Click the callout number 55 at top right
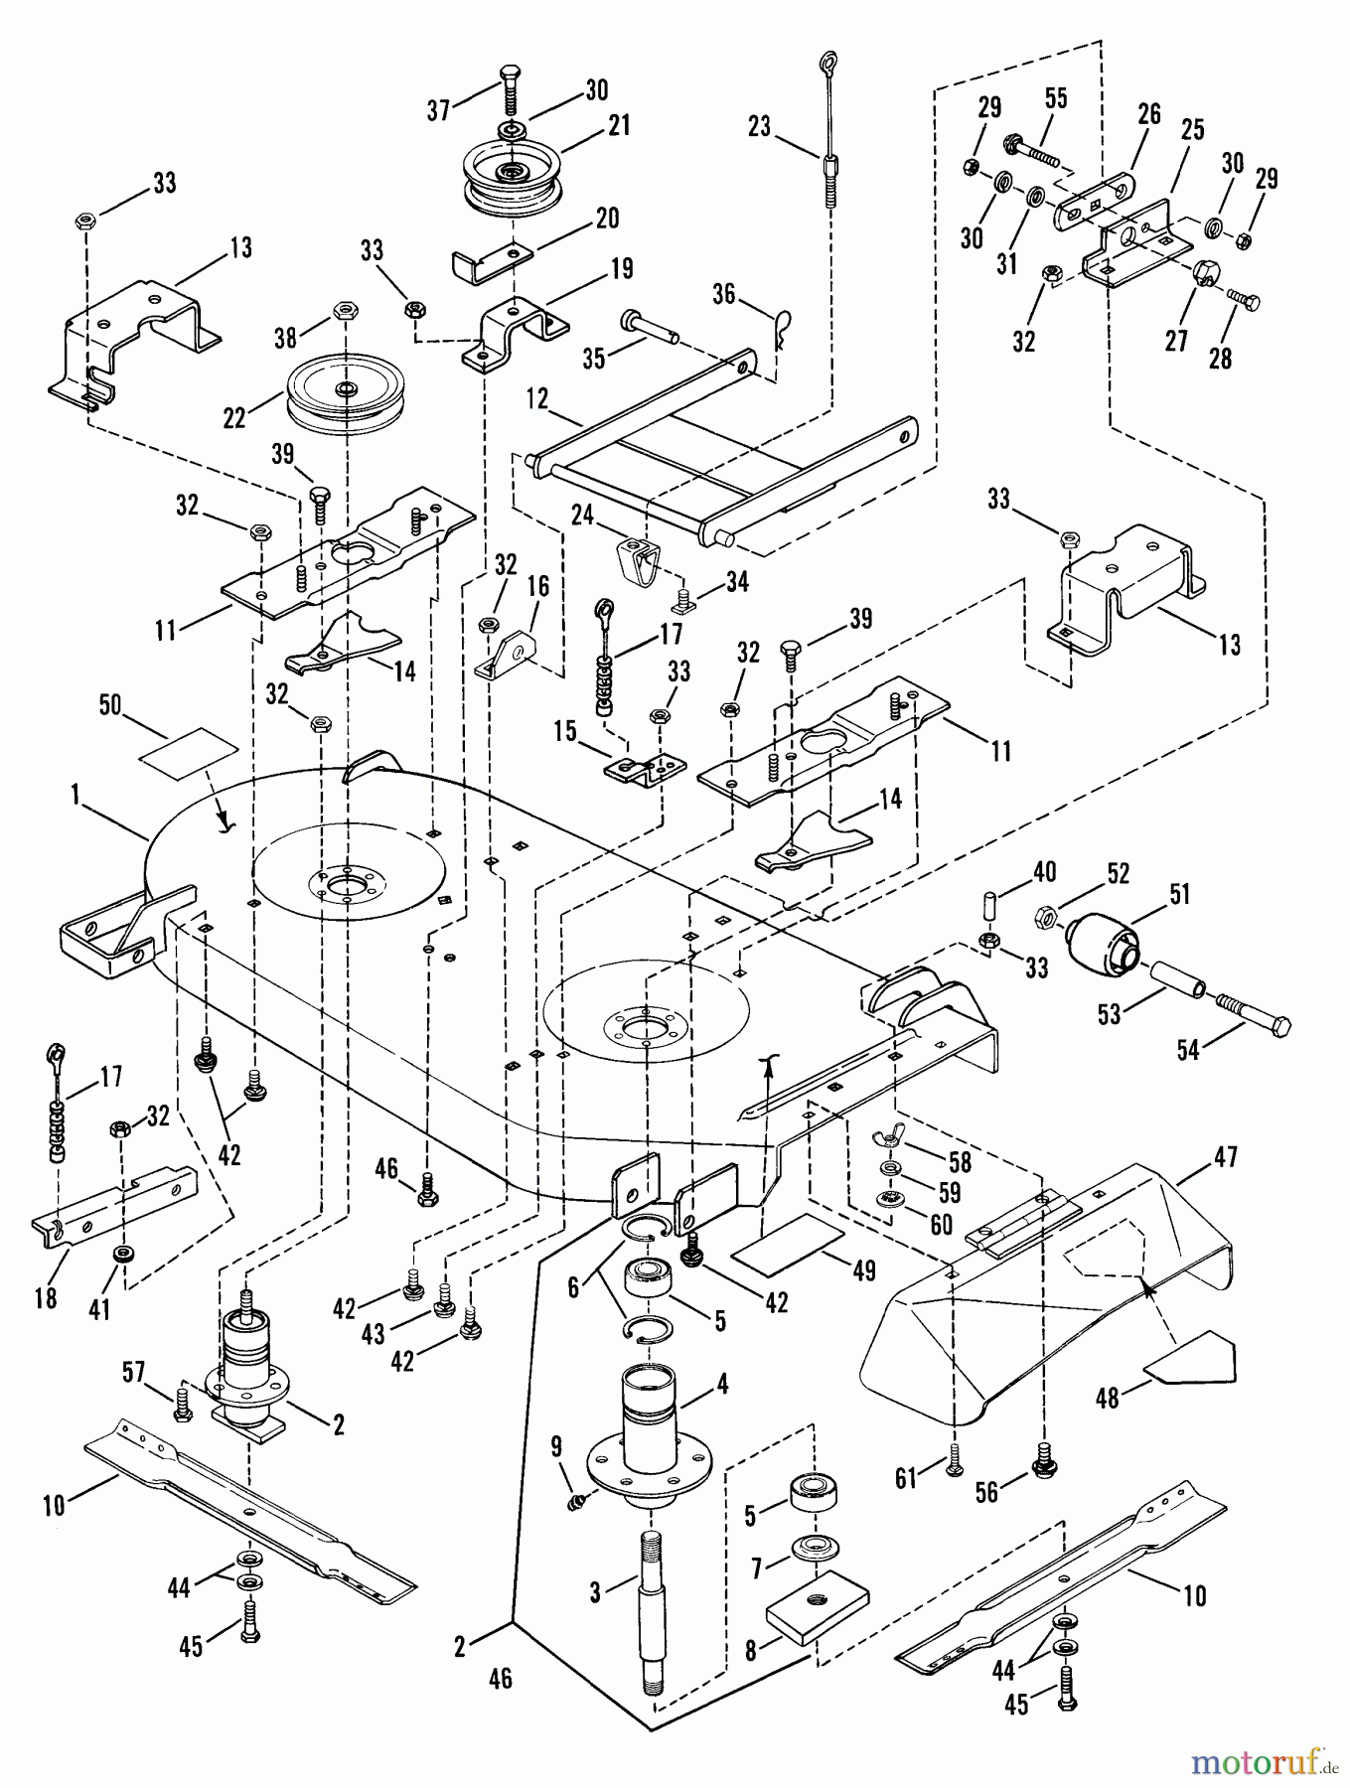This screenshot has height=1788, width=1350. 1056,97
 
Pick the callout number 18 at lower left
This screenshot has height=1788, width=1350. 46,1297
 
